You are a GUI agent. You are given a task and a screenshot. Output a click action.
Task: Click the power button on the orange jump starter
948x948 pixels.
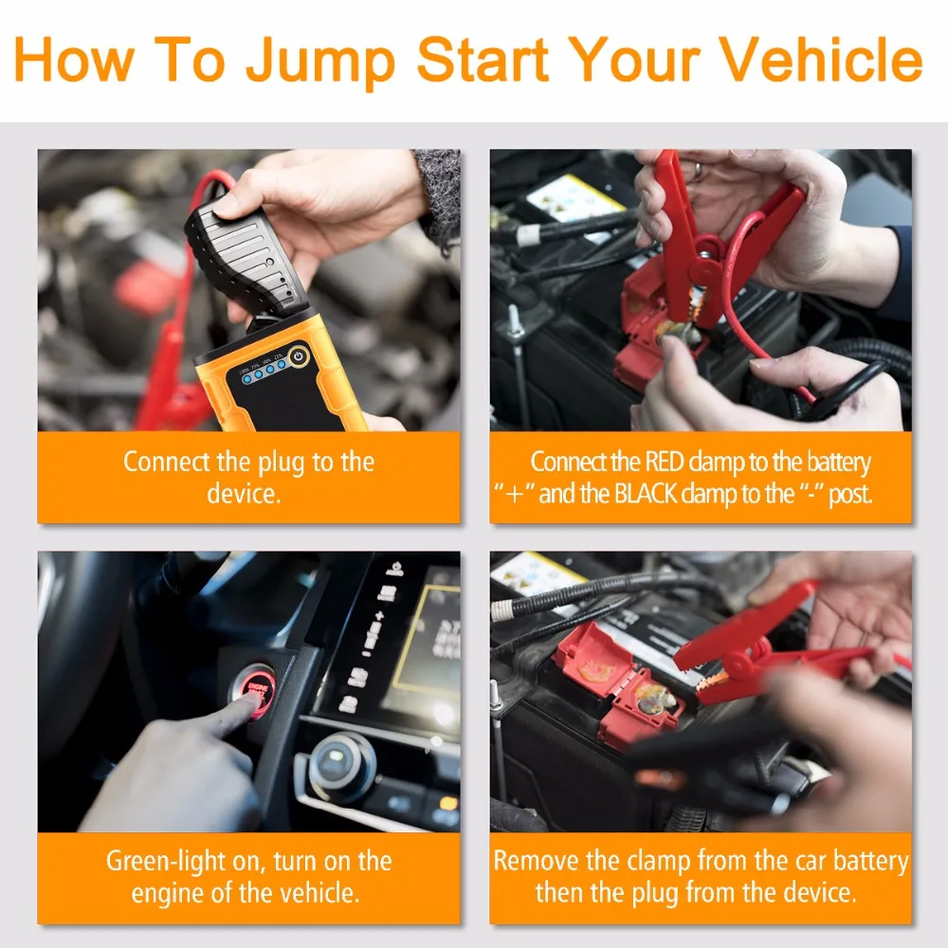[x=299, y=355]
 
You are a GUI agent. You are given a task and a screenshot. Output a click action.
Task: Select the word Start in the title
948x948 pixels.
[x=483, y=59]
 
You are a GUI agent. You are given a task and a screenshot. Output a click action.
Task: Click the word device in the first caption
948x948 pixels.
[x=244, y=494]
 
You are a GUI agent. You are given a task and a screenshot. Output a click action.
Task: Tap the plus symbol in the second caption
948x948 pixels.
[x=515, y=495]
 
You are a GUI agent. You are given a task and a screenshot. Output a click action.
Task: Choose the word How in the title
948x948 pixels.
[x=73, y=59]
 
